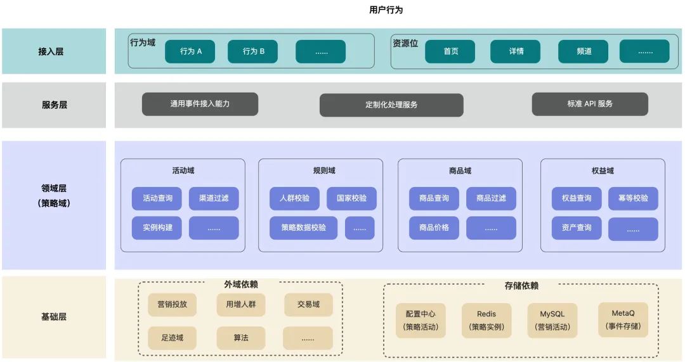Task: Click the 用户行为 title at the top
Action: [386, 10]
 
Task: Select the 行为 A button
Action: [190, 51]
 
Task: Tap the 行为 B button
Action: [252, 51]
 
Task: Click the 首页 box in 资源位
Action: [450, 51]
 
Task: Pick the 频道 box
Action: [584, 51]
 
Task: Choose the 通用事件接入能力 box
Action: [200, 104]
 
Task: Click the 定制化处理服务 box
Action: [391, 105]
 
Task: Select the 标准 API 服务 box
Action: [590, 104]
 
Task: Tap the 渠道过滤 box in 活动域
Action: [214, 198]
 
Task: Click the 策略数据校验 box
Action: [304, 228]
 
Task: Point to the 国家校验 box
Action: [351, 198]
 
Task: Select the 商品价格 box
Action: [434, 228]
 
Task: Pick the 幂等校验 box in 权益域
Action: [633, 198]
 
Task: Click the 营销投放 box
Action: [173, 304]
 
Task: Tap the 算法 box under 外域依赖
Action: [240, 338]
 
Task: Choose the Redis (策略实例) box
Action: [486, 320]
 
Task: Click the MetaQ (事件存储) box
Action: [623, 320]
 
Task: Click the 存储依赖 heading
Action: [521, 286]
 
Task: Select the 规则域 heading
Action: [324, 171]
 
